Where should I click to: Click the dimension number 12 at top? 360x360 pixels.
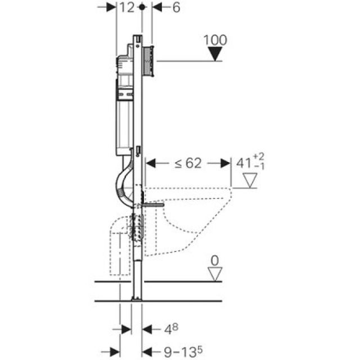127,7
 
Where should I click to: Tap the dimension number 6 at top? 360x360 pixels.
176,7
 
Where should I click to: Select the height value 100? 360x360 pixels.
215,40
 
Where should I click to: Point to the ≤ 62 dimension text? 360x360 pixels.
188,163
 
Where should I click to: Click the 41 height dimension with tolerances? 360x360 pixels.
250,162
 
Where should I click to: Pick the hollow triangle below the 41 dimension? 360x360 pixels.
250,181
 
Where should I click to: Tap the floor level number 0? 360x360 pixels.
215,261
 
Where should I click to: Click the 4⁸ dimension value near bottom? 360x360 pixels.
171,329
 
